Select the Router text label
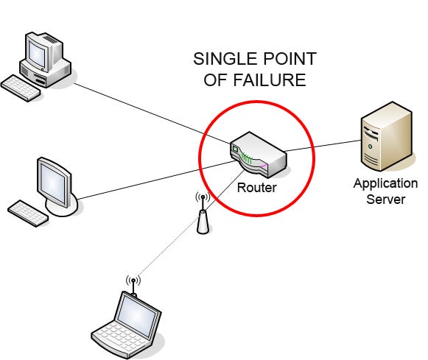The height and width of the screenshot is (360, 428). [x=256, y=188]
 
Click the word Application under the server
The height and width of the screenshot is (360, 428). [x=385, y=184]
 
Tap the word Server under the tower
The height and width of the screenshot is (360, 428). [x=385, y=200]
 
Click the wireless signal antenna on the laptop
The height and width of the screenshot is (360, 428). [x=133, y=283]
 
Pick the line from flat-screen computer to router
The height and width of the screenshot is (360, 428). [x=147, y=184]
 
